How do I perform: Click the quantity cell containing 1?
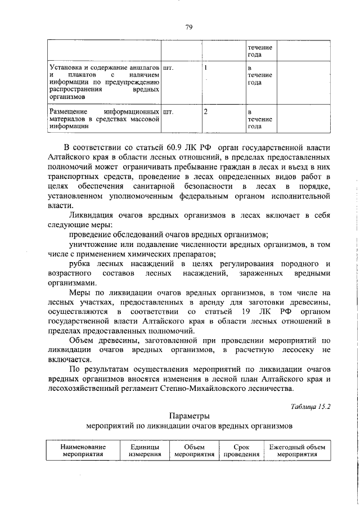tap(206, 67)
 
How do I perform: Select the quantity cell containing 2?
tap(206, 111)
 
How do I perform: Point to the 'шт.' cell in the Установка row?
tap(167, 67)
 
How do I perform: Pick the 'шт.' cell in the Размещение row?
tap(167, 111)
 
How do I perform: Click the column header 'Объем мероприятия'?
tap(195, 450)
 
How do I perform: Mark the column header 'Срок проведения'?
tap(241, 450)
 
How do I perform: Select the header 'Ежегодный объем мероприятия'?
tap(295, 450)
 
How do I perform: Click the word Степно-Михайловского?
tap(204, 388)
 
